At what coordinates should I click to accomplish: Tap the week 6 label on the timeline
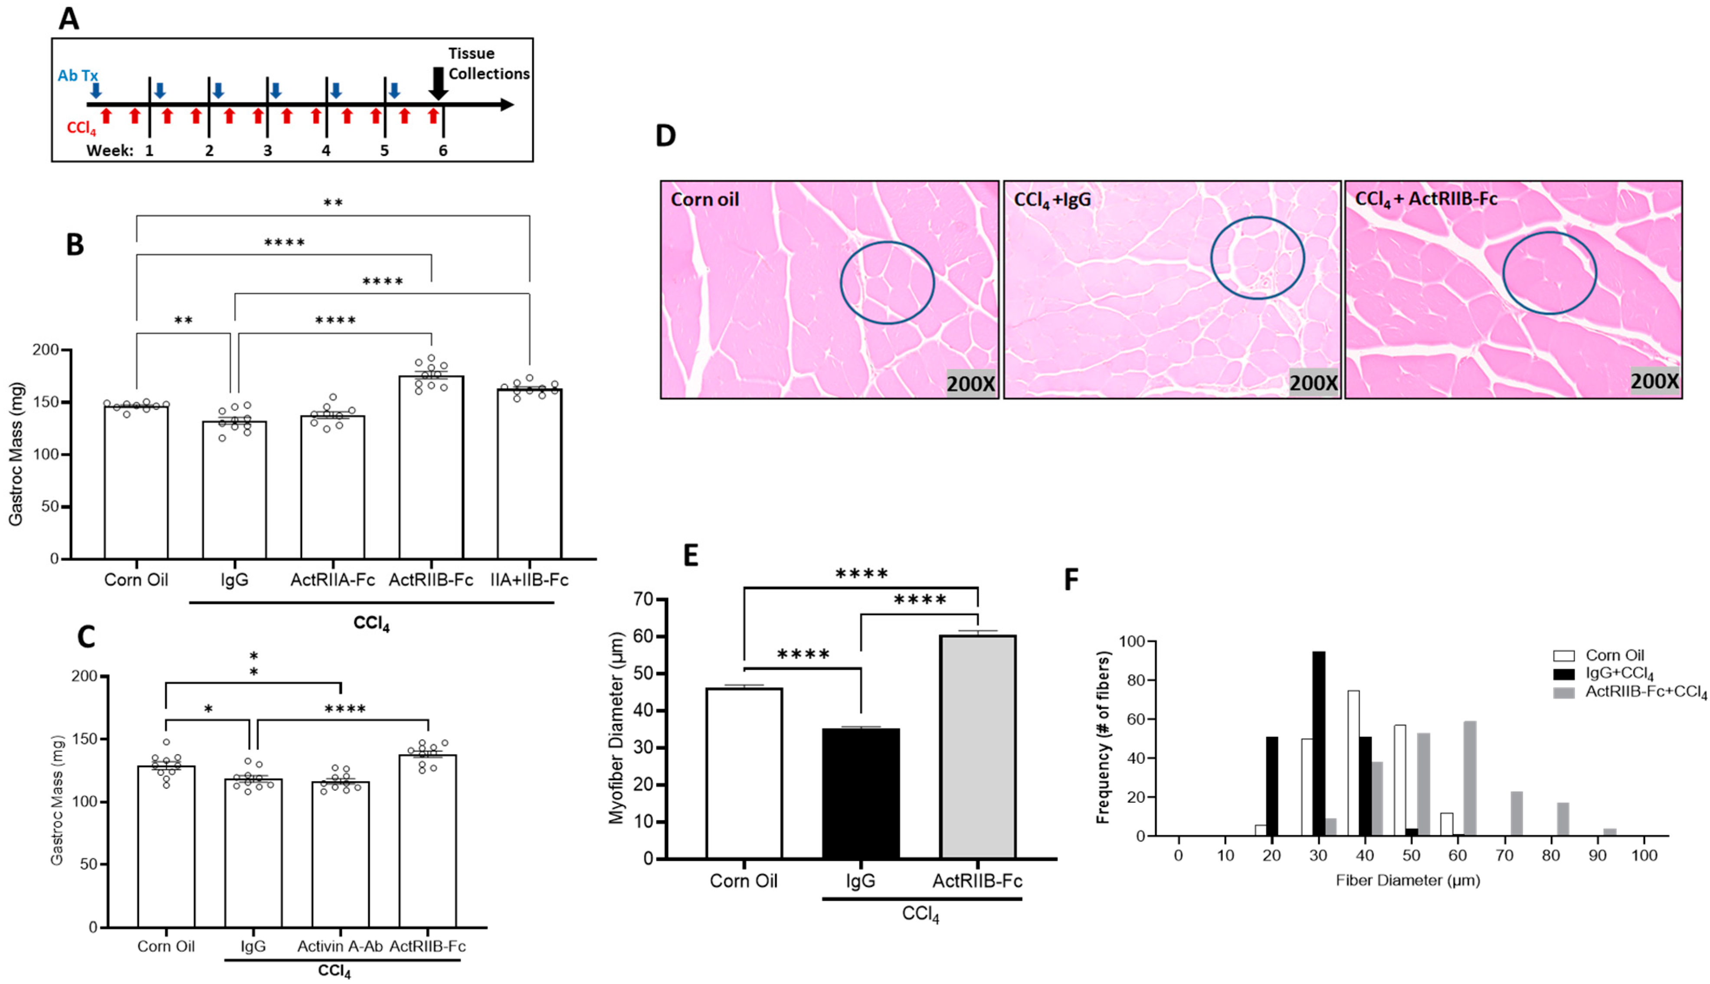(443, 150)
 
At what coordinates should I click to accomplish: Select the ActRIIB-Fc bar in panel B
(431, 466)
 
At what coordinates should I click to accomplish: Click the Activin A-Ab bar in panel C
(340, 855)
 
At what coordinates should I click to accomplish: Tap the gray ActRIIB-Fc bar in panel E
(978, 747)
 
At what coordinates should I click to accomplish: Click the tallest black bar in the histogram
(1319, 743)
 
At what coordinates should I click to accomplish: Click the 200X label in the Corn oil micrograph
(970, 384)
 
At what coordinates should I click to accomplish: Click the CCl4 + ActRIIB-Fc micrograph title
(1426, 199)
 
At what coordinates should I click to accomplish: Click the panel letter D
(665, 137)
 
